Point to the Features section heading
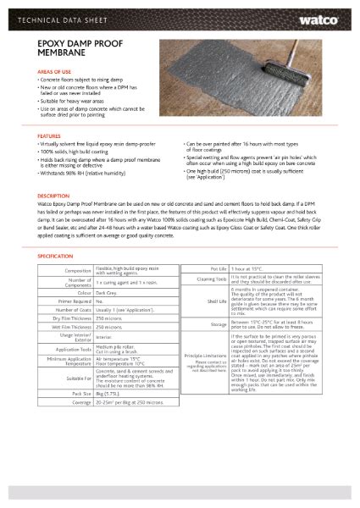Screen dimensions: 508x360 pyautogui.click(x=49, y=135)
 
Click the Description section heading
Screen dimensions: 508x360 pyautogui.click(x=53, y=195)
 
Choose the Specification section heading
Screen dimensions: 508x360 pyautogui.click(x=56, y=254)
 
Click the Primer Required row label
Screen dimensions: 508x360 pyautogui.click(x=71, y=301)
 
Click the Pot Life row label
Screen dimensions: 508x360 pyautogui.click(x=215, y=268)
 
